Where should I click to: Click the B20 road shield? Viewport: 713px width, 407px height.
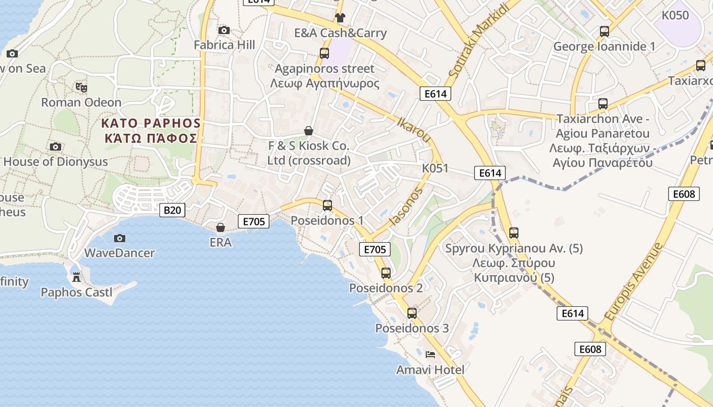pyautogui.click(x=172, y=210)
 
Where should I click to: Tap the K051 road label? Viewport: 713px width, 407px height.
pyautogui.click(x=435, y=168)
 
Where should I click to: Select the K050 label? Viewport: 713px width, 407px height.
pyautogui.click(x=675, y=15)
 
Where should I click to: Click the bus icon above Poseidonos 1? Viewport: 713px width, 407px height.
pyautogui.click(x=327, y=206)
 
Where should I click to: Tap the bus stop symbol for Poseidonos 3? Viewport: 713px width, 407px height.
pyautogui.click(x=412, y=313)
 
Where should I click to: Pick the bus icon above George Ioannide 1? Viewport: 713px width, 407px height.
pyautogui.click(x=605, y=32)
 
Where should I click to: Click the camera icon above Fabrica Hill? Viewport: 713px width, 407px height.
pyautogui.click(x=224, y=31)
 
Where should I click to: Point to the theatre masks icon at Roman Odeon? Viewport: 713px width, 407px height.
pyautogui.click(x=81, y=87)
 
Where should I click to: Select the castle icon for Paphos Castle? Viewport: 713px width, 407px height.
pyautogui.click(x=76, y=277)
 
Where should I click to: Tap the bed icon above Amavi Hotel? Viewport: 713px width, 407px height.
pyautogui.click(x=430, y=354)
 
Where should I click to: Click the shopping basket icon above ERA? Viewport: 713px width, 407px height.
pyautogui.click(x=221, y=227)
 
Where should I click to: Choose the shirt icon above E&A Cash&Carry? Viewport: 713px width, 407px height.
pyautogui.click(x=340, y=18)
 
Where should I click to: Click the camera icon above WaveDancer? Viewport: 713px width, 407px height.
pyautogui.click(x=120, y=238)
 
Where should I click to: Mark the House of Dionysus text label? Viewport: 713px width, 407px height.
pyautogui.click(x=56, y=162)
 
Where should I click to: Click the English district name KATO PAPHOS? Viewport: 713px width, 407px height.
pyautogui.click(x=151, y=123)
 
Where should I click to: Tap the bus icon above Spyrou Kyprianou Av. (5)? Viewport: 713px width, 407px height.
pyautogui.click(x=514, y=233)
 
